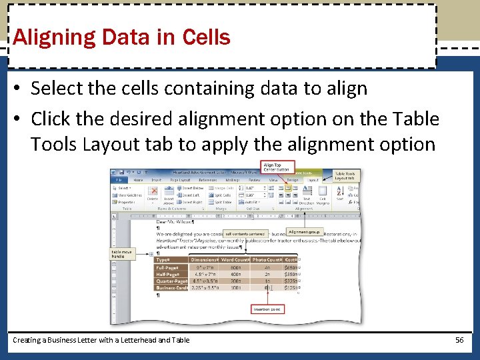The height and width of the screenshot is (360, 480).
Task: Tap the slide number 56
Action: point(459,340)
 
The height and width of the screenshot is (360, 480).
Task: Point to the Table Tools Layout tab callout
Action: point(345,176)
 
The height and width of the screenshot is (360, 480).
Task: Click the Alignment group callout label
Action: point(304,232)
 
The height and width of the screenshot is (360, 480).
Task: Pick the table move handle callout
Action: point(122,254)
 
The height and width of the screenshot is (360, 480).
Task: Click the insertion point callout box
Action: point(267,309)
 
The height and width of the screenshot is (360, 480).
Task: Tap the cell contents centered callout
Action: point(245,234)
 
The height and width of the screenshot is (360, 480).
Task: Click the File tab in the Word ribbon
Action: point(119,179)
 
